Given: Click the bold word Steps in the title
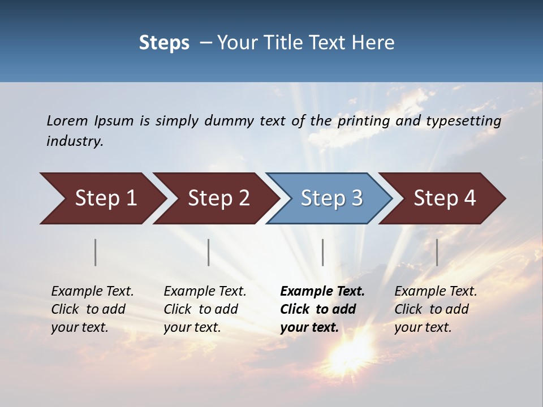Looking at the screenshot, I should (x=164, y=43).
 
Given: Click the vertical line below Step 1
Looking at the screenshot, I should (x=96, y=252).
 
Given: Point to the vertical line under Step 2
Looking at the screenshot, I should (x=209, y=252).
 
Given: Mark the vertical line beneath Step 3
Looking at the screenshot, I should (x=323, y=252).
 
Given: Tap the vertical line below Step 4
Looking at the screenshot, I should (x=437, y=252).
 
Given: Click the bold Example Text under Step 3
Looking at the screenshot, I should (x=322, y=292).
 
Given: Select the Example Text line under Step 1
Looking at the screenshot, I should (x=92, y=292).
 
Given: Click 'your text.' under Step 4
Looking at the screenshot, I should (x=423, y=328).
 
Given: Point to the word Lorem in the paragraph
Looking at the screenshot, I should (x=67, y=120).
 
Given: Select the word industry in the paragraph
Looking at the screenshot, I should (x=75, y=141).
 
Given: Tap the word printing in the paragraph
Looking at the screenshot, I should (x=361, y=121).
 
